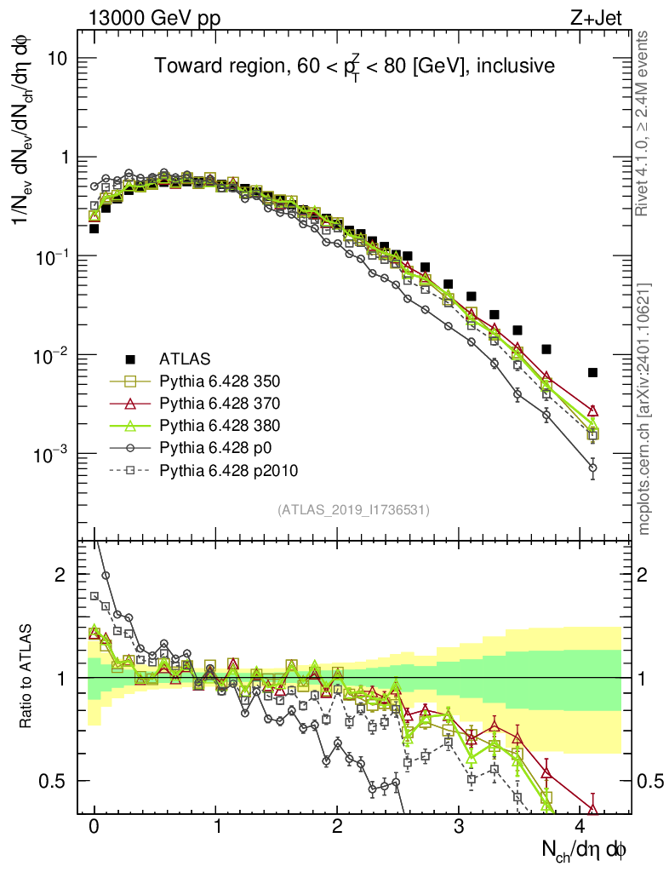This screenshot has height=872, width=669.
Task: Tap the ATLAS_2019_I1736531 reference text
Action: [353, 510]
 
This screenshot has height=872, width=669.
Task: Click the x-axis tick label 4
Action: [580, 827]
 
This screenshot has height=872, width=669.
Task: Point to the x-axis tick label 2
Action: [337, 827]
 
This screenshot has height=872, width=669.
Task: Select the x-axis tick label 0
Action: [94, 827]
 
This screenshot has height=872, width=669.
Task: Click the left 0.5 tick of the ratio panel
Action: [57, 781]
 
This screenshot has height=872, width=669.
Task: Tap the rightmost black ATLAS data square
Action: [592, 372]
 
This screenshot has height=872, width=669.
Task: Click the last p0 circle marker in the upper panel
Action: [592, 468]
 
